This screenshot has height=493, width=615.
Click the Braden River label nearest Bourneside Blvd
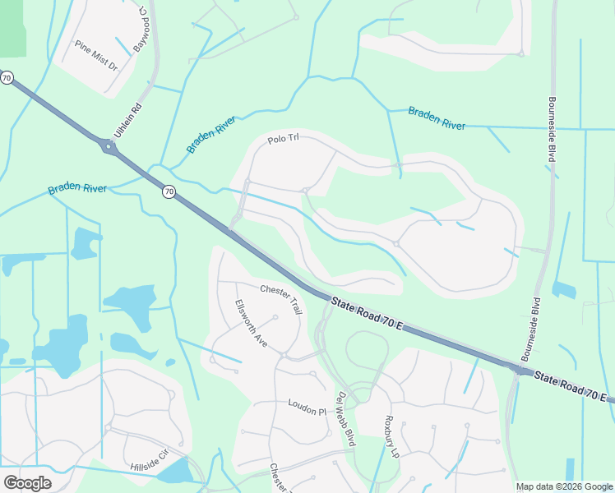(437, 117)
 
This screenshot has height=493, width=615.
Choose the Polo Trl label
(281, 140)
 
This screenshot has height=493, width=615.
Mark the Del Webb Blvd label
(345, 417)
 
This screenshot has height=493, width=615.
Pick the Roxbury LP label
(391, 435)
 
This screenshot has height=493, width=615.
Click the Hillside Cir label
(149, 460)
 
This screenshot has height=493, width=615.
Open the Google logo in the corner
(28, 483)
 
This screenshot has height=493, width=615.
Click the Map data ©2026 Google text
(565, 486)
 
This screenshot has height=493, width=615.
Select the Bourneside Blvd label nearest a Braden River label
(556, 130)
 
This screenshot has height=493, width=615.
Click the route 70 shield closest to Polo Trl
(169, 191)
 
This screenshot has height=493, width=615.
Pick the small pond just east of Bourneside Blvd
(564, 289)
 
